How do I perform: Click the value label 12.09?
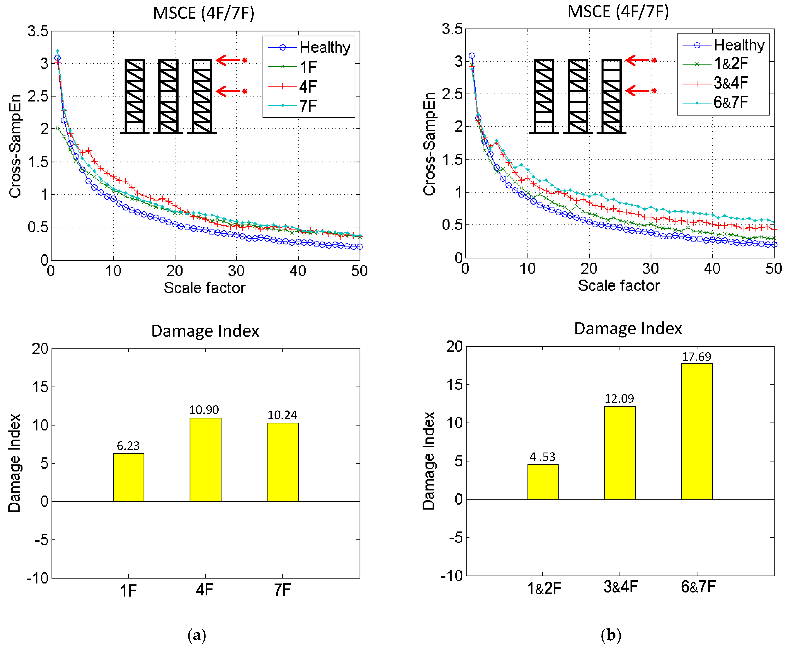click(619, 399)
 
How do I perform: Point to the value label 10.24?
click(282, 415)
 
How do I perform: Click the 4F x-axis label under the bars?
click(205, 590)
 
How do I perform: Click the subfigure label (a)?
click(197, 635)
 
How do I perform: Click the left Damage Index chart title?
click(205, 331)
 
